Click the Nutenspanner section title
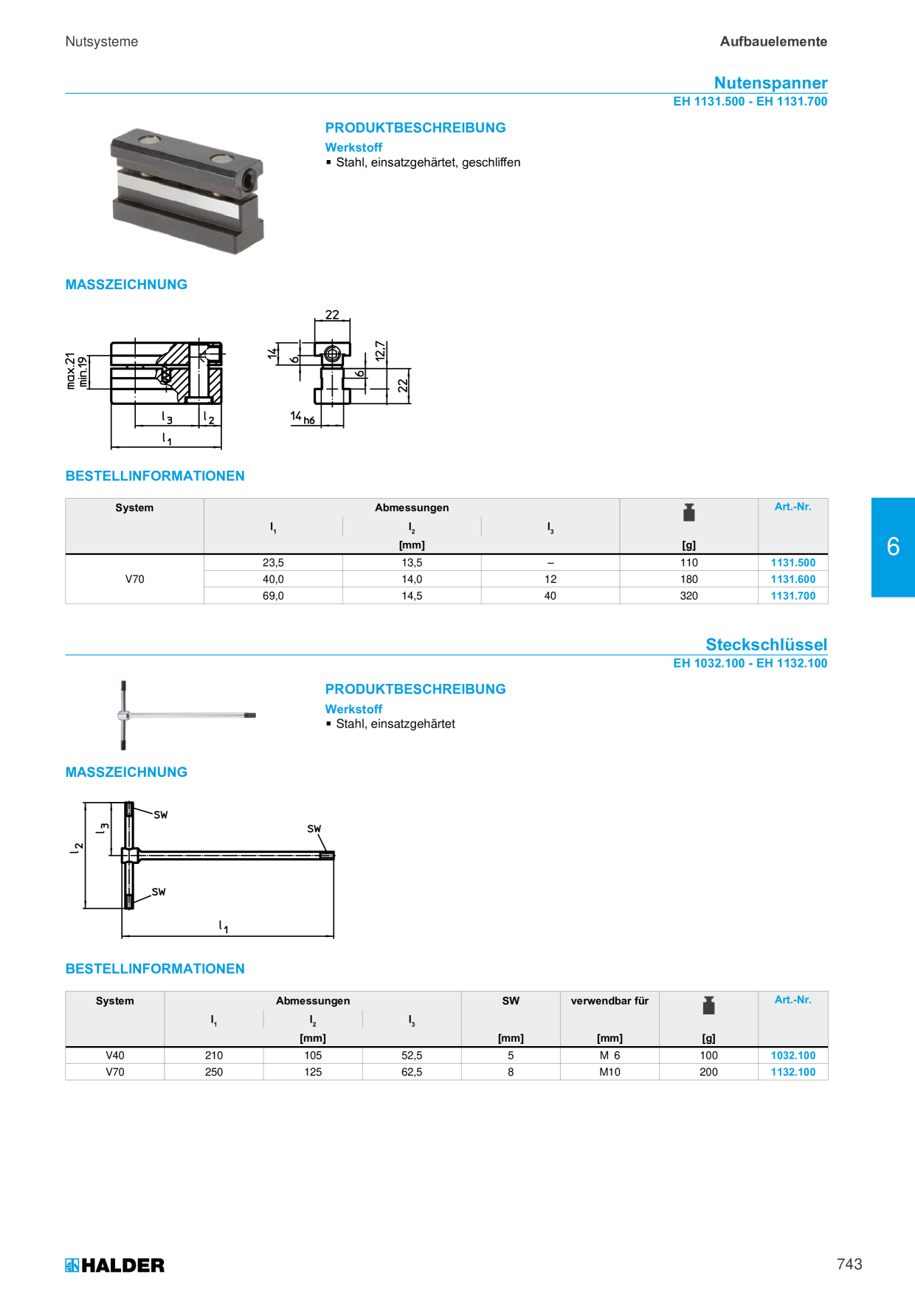click(770, 83)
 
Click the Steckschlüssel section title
click(766, 644)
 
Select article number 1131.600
click(793, 579)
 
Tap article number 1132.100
click(793, 1072)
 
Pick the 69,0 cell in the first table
click(273, 595)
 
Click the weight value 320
click(688, 595)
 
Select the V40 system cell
click(115, 1056)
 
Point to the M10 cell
click(610, 1072)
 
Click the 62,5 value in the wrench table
click(412, 1072)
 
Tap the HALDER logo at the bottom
click(114, 1265)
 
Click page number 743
click(849, 1264)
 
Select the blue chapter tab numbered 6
click(893, 547)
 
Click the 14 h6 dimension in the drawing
click(303, 418)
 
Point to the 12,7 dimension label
click(380, 350)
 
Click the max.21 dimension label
click(71, 370)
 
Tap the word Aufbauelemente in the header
click(773, 42)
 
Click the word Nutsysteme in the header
click(102, 42)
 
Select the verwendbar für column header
click(610, 1000)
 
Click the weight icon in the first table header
click(688, 512)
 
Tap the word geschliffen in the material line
click(491, 162)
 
